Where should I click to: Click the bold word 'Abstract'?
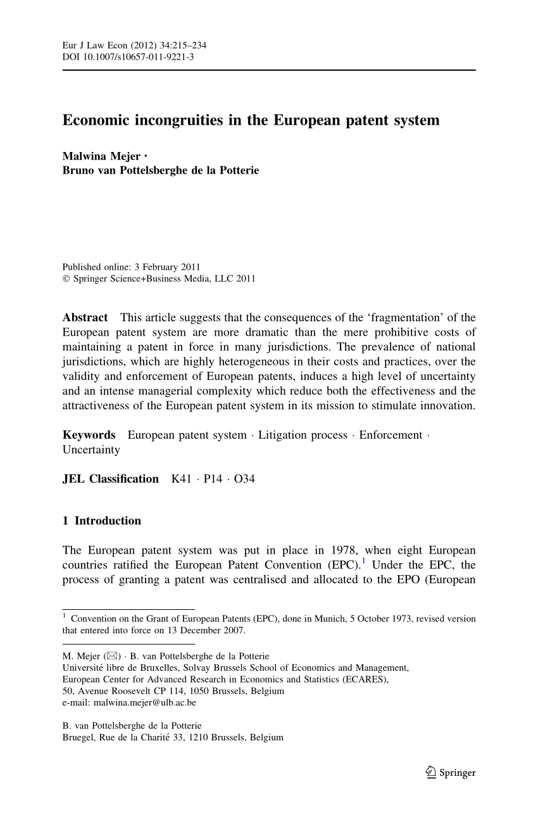(85, 317)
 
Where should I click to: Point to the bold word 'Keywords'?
(89, 435)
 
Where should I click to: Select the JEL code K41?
(182, 479)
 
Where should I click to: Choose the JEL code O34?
(244, 479)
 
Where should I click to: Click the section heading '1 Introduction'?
(101, 521)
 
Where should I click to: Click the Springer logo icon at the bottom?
(430, 772)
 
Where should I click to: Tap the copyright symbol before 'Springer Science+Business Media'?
(66, 279)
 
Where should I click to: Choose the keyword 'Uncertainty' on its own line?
(91, 450)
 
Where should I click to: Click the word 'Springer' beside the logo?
(457, 773)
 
